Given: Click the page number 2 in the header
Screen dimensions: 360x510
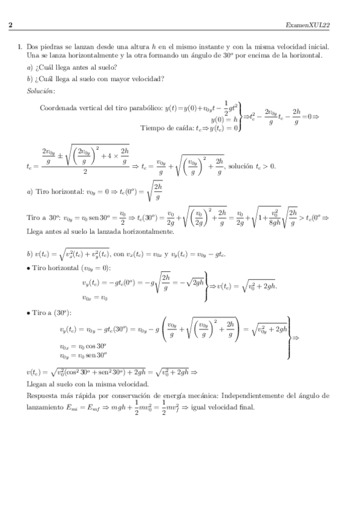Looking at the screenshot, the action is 10,25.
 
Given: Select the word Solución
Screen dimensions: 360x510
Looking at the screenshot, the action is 41,91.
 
